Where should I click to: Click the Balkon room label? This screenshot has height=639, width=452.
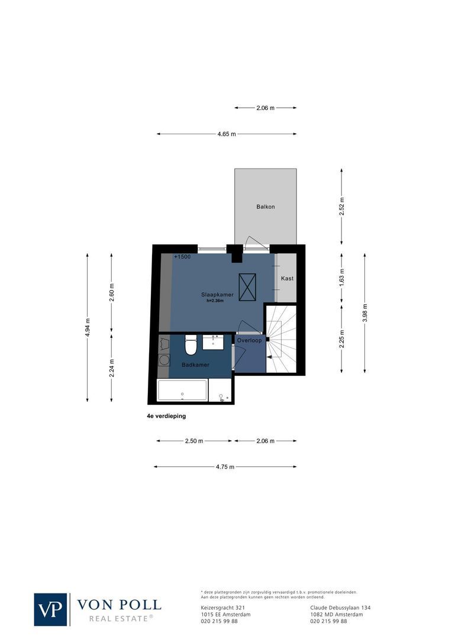(265, 207)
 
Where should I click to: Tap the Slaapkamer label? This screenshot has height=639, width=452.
(217, 294)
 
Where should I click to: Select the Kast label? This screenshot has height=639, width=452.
(287, 278)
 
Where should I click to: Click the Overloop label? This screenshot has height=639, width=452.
(249, 341)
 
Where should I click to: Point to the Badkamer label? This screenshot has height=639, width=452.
(195, 365)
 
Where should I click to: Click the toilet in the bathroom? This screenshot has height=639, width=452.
(191, 344)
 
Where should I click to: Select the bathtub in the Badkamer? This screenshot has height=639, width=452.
(182, 390)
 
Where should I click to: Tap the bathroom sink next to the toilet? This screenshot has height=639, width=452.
(213, 341)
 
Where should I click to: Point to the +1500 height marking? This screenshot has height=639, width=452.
(182, 257)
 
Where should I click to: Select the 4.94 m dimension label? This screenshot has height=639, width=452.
(88, 328)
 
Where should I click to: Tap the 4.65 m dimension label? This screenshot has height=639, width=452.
(226, 134)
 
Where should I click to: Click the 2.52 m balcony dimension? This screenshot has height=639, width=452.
(341, 206)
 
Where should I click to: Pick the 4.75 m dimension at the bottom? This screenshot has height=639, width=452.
(225, 467)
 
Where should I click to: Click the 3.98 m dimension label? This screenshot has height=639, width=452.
(364, 312)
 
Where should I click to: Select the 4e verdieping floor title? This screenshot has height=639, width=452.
(166, 416)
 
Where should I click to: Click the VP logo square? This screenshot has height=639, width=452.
(51, 609)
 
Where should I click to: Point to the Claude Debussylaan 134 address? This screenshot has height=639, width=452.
(340, 608)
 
